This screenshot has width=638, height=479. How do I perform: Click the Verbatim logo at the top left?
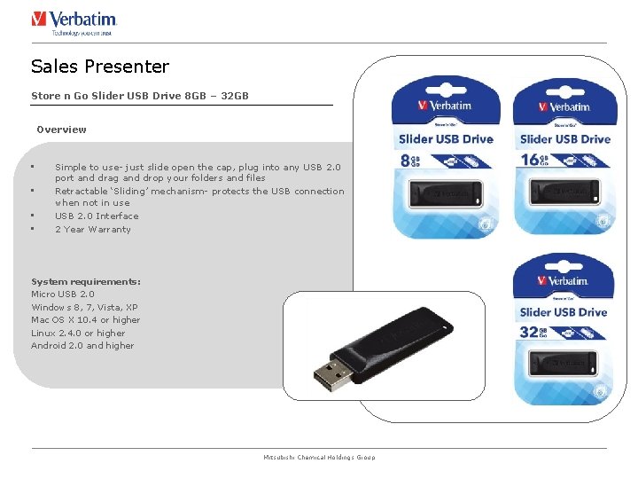74,21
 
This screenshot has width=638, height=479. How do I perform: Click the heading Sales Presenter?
99,67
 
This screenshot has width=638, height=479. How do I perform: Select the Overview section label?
61,130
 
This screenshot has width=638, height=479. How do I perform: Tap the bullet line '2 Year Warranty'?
92,229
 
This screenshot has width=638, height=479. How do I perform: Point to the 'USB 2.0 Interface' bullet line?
97,216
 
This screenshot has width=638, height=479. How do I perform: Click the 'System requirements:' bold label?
85,281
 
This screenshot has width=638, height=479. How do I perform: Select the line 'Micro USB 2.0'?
62,294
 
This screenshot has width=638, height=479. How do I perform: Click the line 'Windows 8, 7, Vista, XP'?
84,307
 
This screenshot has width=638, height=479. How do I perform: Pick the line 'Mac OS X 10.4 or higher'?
85,319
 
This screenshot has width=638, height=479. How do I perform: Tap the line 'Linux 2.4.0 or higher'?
78,333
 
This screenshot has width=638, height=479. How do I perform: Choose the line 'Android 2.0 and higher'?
82,345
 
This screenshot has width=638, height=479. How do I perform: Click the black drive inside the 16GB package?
564,190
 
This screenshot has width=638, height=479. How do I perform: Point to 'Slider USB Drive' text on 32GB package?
563,312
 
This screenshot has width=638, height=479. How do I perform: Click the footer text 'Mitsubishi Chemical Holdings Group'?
319,457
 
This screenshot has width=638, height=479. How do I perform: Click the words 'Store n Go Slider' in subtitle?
76,95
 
